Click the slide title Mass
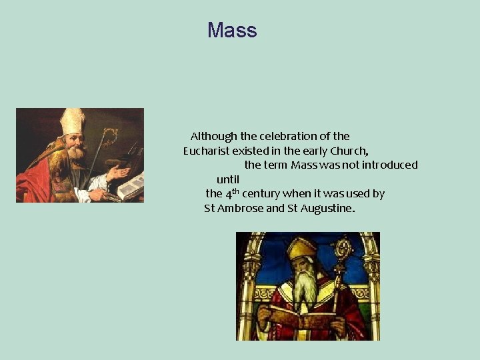[231, 31]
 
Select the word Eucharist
[206, 151]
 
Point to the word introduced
[386, 165]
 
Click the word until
[228, 179]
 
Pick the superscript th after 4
[235, 191]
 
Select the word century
[261, 194]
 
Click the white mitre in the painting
[72, 121]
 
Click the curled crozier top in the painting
[108, 137]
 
